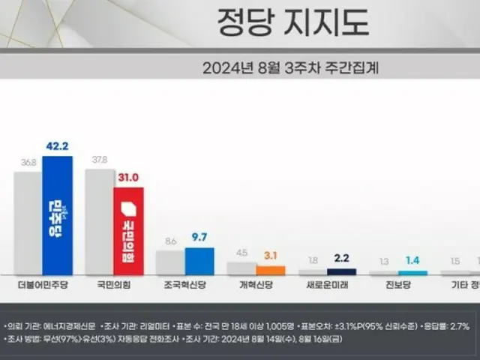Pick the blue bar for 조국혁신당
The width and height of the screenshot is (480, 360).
click(x=199, y=261)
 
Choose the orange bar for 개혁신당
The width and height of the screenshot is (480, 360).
click(x=270, y=269)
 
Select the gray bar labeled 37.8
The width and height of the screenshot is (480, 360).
click(x=99, y=221)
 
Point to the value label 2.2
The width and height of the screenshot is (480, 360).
click(x=341, y=260)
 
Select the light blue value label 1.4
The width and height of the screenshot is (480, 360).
click(x=412, y=262)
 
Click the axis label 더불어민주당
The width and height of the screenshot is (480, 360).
click(x=43, y=286)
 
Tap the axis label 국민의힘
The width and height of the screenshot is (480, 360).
click(x=114, y=286)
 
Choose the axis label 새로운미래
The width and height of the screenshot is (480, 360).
click(x=327, y=286)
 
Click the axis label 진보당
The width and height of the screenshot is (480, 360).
click(x=397, y=286)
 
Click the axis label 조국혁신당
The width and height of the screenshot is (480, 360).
click(x=184, y=286)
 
